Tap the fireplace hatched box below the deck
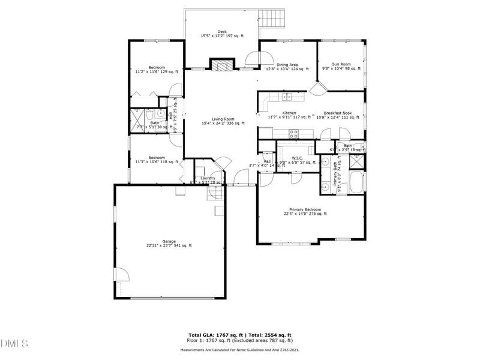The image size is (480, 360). pyautogui.click(x=221, y=65)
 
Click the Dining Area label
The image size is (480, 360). pyautogui.click(x=287, y=67)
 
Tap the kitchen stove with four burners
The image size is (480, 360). pyautogui.click(x=294, y=133)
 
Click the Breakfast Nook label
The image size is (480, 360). pyautogui.click(x=337, y=115)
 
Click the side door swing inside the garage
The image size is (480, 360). pyautogui.click(x=122, y=274)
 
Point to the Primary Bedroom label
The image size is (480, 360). pyautogui.click(x=305, y=211)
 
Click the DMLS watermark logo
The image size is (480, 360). pyautogui.click(x=14, y=344)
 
